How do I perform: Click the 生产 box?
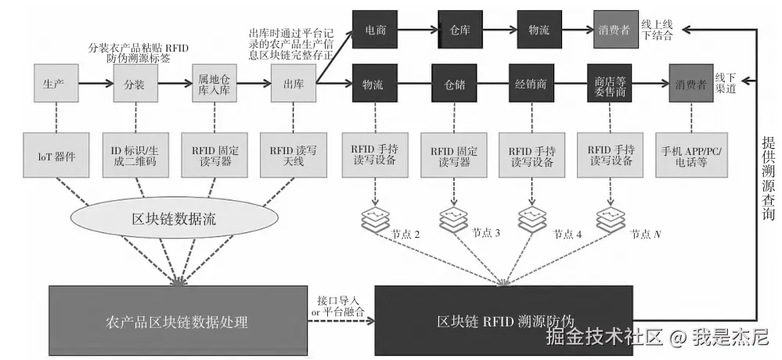click(53, 84)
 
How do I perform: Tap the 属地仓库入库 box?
click(214, 84)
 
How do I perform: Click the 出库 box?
click(293, 84)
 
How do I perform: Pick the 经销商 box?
click(532, 84)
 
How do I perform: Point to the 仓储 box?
click(454, 84)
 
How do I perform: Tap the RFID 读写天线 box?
click(292, 155)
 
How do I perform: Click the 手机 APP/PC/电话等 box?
click(691, 155)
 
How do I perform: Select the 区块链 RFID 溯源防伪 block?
click(505, 321)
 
